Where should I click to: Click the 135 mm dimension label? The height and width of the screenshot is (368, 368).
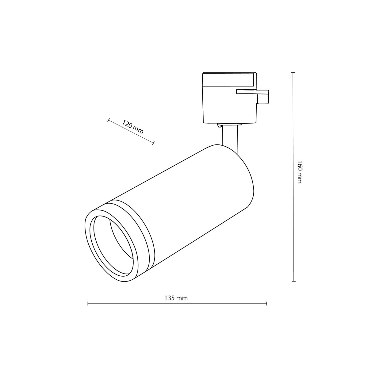(x=176, y=298)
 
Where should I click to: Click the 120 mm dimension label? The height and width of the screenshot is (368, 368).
(x=133, y=128)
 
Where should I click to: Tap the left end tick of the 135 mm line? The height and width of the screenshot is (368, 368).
(x=88, y=304)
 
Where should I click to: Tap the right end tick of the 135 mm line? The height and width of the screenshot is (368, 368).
(x=267, y=304)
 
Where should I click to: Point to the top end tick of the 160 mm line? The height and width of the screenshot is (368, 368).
(x=293, y=73)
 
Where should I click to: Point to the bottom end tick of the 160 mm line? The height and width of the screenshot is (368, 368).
(x=294, y=281)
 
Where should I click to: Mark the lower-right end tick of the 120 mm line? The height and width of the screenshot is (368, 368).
(x=154, y=143)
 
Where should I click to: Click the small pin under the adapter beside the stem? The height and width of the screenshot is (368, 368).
(x=219, y=125)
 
